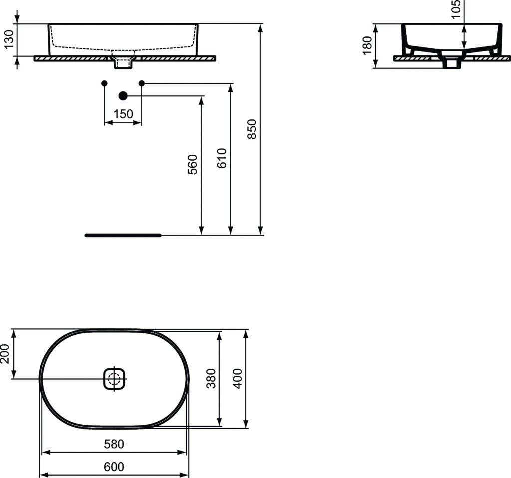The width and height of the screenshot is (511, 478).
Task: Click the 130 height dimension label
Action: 9,40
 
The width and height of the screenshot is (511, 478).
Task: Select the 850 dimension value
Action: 252,129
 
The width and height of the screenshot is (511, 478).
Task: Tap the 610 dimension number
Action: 222,158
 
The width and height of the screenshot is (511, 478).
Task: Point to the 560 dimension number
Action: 193,164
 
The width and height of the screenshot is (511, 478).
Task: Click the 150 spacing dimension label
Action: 123,114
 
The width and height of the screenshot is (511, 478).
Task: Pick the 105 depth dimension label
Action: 456,10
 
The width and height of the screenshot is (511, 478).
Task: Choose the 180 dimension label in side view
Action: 367,46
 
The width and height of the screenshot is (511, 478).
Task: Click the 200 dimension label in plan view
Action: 5,354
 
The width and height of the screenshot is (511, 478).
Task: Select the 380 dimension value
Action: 211,378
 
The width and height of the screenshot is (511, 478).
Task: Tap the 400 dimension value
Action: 238,378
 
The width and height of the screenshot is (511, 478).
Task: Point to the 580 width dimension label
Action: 114,443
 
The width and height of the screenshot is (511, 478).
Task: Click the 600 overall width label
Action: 114,467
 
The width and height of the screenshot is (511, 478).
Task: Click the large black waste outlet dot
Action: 123,95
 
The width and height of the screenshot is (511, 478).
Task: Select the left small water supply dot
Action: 104,83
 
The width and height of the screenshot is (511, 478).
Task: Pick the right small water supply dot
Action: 142,83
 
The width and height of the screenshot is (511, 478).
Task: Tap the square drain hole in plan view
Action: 114,379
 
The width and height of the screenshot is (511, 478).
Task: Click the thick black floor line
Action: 123,235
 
